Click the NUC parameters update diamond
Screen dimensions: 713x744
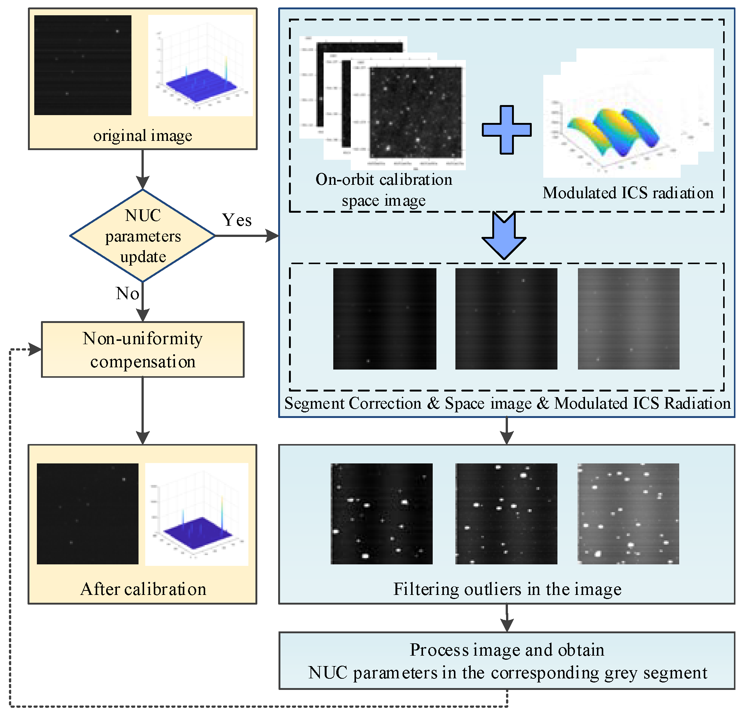[x=143, y=235]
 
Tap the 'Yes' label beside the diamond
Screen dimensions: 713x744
[x=236, y=220]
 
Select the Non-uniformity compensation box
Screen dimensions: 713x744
[x=143, y=349]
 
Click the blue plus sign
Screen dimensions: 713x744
[x=506, y=130]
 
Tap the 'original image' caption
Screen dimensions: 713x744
[x=143, y=136]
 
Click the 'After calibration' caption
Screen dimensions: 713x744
[x=143, y=589]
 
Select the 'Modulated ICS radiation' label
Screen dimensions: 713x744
[x=628, y=193]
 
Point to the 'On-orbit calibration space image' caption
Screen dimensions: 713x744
[x=384, y=190]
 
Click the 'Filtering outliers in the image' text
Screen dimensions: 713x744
[x=507, y=589]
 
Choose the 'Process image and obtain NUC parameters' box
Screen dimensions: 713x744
[x=507, y=660]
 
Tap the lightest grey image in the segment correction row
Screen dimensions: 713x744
[x=628, y=319]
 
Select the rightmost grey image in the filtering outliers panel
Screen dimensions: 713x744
[x=628, y=513]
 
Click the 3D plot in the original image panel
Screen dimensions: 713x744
[x=200, y=65]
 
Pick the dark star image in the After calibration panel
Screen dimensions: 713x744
[x=87, y=513]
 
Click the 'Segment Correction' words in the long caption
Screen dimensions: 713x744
[x=353, y=403]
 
